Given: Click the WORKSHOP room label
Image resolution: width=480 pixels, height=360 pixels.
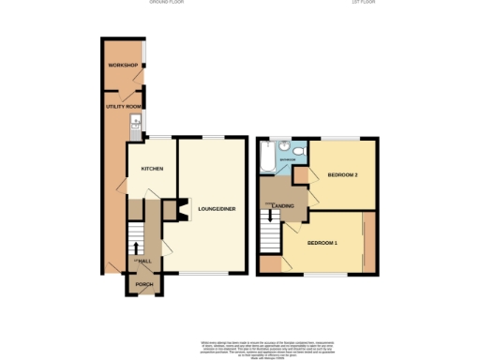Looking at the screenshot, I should coord(123,65).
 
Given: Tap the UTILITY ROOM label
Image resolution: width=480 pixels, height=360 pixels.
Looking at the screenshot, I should coord(123,108).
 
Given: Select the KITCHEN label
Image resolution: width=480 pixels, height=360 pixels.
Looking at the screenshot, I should coord(152,169).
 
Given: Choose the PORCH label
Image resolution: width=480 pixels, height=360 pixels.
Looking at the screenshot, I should coord(144,284).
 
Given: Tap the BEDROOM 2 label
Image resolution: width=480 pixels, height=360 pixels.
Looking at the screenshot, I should coord(342,175).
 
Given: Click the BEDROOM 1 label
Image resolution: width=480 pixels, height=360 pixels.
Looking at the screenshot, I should coord(322,243).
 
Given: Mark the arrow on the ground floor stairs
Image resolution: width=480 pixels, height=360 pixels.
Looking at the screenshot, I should coord(137,248).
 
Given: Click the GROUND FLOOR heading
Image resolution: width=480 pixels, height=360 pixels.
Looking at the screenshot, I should coord(167,4).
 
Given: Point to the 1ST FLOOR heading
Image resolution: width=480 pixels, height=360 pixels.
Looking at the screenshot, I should coord(364,4).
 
